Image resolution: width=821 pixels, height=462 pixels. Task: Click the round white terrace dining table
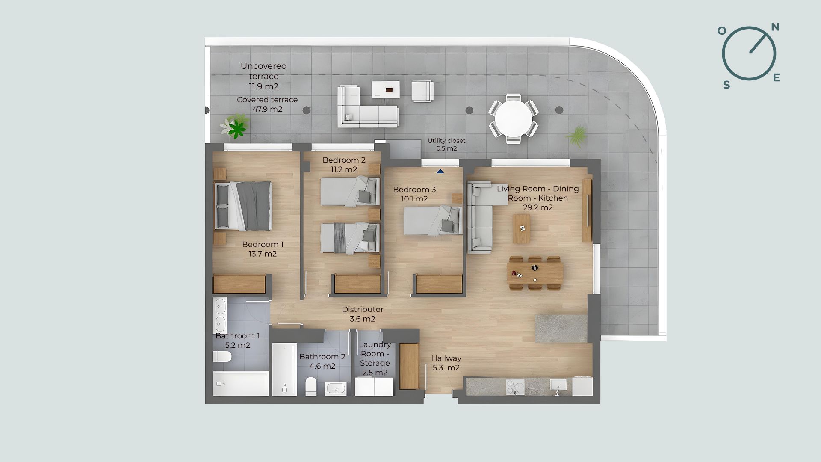(514, 118)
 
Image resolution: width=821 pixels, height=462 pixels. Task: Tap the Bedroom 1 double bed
(243, 206)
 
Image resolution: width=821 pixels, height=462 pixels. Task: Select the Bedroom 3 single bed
(433, 221)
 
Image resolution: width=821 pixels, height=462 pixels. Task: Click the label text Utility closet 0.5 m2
(446, 145)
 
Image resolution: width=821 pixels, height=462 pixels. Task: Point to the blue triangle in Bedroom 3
(440, 172)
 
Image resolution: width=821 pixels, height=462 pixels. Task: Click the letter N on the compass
(775, 27)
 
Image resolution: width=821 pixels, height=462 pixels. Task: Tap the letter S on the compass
(726, 85)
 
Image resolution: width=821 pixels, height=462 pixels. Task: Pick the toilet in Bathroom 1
(222, 356)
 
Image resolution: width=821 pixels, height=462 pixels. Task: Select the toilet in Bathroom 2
(311, 387)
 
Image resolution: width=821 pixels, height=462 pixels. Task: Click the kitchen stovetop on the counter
(515, 387)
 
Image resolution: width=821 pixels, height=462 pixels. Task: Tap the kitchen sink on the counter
(558, 386)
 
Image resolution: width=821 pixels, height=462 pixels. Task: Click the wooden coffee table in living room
(521, 229)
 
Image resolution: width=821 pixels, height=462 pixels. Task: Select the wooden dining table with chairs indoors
(535, 273)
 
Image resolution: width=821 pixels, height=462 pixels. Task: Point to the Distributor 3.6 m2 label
(363, 314)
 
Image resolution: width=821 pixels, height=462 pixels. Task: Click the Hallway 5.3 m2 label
(446, 363)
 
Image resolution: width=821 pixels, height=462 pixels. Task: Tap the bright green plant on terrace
(236, 127)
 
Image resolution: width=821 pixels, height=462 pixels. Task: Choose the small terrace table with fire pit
(386, 90)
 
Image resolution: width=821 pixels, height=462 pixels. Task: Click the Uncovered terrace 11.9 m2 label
(264, 76)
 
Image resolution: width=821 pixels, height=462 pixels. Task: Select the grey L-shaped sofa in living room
(480, 217)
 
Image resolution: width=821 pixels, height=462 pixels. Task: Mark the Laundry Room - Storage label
(375, 358)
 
